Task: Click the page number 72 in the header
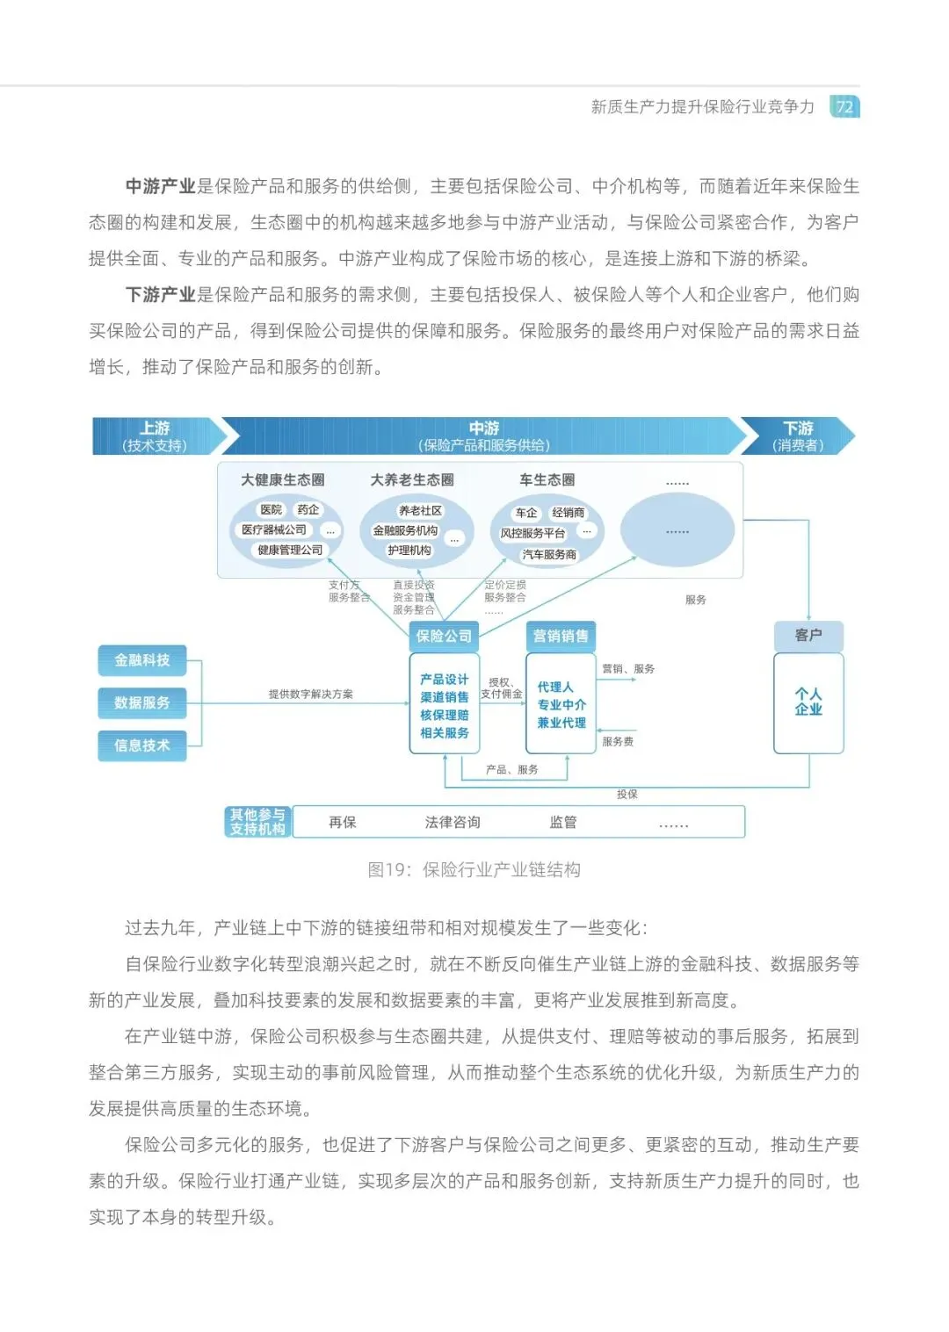pos(844,107)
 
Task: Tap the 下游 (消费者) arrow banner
pos(798,436)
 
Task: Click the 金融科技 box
pos(142,660)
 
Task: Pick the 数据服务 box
pos(142,702)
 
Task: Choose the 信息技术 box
pos(142,745)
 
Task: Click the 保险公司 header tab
pos(444,636)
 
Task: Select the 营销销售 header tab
pos(561,636)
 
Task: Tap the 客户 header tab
pos(808,635)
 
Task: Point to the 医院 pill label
pos(271,509)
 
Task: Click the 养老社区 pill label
pos(421,510)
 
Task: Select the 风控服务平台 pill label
pos(532,533)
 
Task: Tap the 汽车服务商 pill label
pos(549,555)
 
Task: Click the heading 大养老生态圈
pos(412,480)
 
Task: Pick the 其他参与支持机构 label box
pos(257,822)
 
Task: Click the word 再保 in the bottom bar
pos(343,822)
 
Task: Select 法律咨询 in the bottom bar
pos(453,822)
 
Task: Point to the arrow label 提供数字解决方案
pos(311,694)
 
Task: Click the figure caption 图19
pos(474,869)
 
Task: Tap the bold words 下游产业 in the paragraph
pos(160,294)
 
